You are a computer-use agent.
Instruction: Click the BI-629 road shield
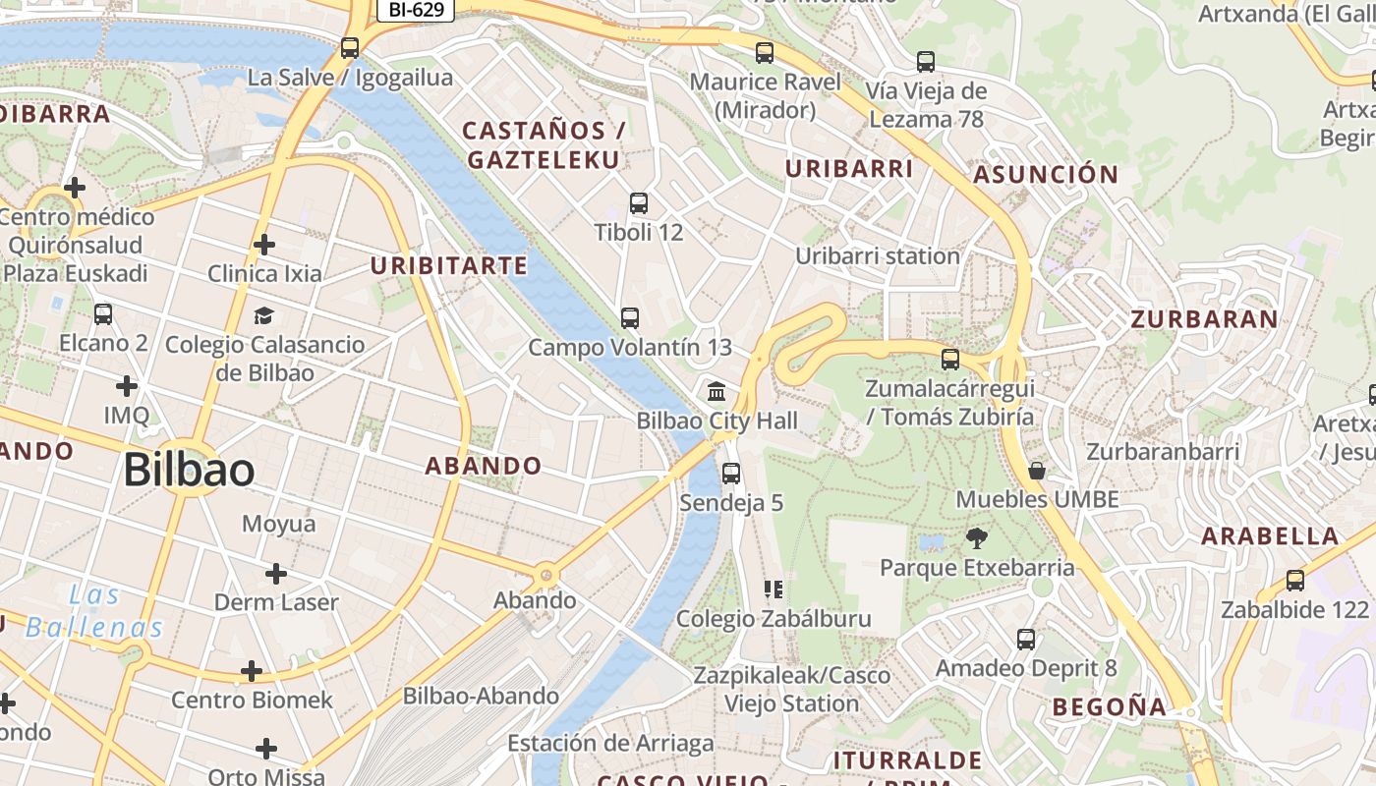[416, 11]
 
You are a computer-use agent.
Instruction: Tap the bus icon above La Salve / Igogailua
[349, 47]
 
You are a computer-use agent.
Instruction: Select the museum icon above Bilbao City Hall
[717, 391]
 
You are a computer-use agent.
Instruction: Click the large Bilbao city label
[189, 471]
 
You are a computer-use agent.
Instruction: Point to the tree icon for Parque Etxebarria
[976, 537]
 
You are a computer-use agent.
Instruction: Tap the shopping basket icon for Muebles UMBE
[1036, 471]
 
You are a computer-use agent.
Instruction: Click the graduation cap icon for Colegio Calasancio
[263, 315]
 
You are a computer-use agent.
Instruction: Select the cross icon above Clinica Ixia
[263, 244]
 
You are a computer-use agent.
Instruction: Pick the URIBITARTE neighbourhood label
[448, 266]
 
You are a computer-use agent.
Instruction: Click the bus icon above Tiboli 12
[638, 203]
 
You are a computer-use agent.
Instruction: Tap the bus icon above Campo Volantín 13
[629, 318]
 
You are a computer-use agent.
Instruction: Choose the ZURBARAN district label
[1204, 319]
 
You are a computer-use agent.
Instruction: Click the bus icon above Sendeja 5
[730, 474]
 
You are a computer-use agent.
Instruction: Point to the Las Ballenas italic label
[94, 611]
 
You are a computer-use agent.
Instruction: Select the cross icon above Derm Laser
[276, 573]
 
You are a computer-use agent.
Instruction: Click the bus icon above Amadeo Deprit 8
[1026, 640]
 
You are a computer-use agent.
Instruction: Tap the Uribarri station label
[877, 256]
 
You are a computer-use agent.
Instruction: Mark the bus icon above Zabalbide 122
[1294, 581]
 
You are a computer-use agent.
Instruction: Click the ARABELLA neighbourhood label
[1270, 536]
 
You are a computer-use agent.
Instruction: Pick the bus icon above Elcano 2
[103, 314]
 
